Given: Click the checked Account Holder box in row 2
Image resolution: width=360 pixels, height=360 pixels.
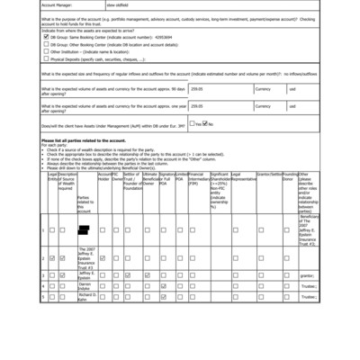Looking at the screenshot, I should click(x=103, y=258).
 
